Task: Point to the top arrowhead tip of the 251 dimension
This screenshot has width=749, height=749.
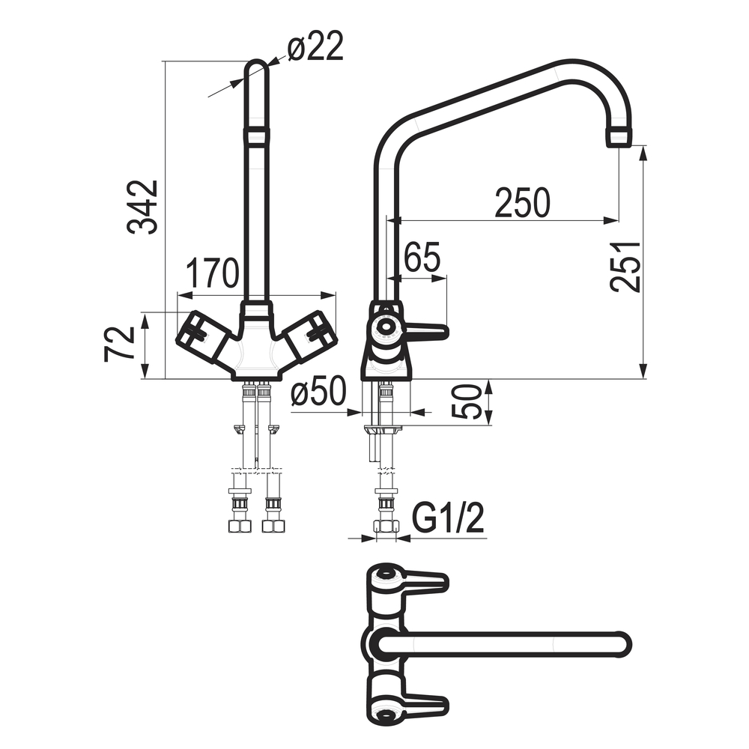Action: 643,146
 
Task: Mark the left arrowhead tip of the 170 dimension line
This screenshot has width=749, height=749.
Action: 178,295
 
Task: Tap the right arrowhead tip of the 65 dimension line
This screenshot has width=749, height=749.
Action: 448,279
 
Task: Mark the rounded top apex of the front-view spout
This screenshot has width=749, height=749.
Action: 256,61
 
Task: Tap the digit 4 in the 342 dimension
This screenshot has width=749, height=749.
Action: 143,207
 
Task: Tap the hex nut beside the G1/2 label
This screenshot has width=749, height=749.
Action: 386,527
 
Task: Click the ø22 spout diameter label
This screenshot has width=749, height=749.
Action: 315,46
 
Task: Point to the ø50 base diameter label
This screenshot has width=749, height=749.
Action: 318,392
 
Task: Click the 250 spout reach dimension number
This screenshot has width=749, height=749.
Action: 522,202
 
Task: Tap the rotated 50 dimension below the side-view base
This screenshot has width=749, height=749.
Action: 465,401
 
